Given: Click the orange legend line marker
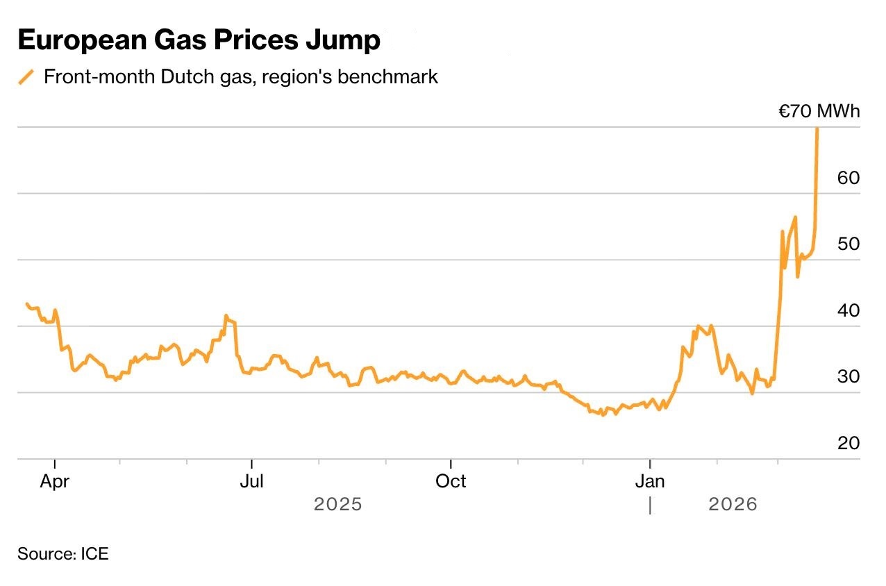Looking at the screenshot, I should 26,76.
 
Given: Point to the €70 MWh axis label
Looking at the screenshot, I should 819,111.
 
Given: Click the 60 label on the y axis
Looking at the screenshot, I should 848,178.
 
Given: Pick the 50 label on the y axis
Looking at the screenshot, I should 848,244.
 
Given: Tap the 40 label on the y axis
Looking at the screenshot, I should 848,310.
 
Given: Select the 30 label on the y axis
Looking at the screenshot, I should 848,376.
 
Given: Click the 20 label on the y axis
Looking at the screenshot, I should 848,442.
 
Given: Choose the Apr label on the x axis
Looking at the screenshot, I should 54,480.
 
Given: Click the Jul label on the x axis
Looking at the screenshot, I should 251,480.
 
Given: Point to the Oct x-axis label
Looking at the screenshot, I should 451,480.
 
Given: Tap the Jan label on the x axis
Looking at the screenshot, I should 650,480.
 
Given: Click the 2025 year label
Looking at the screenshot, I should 338,504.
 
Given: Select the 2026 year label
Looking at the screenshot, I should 733,504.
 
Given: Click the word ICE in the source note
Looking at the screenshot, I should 94,554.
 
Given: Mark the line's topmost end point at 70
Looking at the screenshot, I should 817,128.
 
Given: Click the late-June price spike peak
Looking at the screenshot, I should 226,316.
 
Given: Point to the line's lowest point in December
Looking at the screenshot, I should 603,415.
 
